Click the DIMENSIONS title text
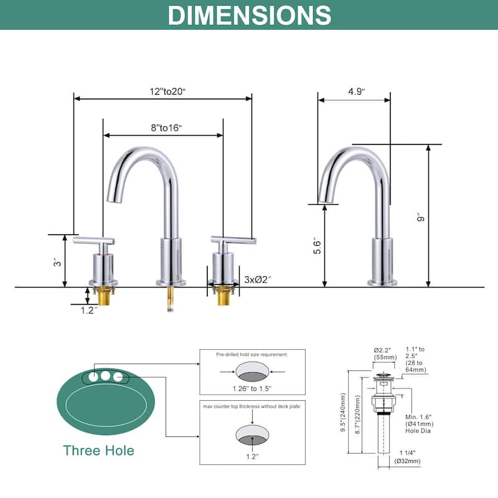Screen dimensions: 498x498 (x=249, y=15)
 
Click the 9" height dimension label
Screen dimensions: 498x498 (x=421, y=217)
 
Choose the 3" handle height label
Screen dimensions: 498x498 (x=57, y=262)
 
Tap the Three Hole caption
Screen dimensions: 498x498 (x=98, y=450)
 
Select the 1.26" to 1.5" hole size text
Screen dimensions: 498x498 (x=253, y=388)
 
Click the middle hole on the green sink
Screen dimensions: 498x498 (x=105, y=376)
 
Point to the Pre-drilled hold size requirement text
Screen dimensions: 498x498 (x=252, y=354)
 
